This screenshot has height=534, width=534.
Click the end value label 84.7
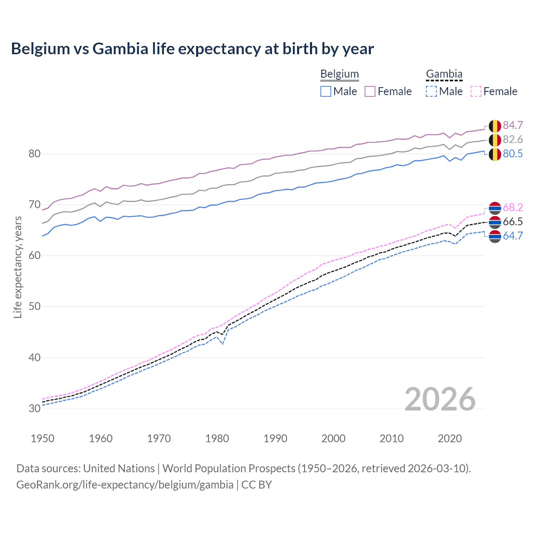[513, 125]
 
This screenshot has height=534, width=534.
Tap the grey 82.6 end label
[513, 139]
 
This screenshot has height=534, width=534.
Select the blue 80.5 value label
[513, 154]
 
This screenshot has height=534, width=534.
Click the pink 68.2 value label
[513, 207]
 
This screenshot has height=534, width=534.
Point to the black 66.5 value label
[513, 222]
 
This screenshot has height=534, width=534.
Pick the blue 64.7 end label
[513, 236]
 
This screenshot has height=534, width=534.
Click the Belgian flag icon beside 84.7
[495, 126]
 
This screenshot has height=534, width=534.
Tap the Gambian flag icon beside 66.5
[495, 222]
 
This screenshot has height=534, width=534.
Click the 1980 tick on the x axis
[217, 438]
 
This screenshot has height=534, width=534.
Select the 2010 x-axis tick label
[391, 438]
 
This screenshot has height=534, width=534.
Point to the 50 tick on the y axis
[35, 307]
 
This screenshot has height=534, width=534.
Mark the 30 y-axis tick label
[35, 408]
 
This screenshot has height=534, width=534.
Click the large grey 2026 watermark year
[440, 399]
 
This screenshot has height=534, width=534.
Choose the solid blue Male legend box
[326, 91]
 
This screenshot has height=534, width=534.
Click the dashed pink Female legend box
[476, 91]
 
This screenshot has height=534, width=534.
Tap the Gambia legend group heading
[444, 74]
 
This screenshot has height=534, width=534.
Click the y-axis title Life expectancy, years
[18, 267]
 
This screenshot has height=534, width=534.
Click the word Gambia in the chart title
[120, 49]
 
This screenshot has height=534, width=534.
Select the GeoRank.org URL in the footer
[125, 485]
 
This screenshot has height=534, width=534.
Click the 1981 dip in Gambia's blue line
[223, 344]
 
